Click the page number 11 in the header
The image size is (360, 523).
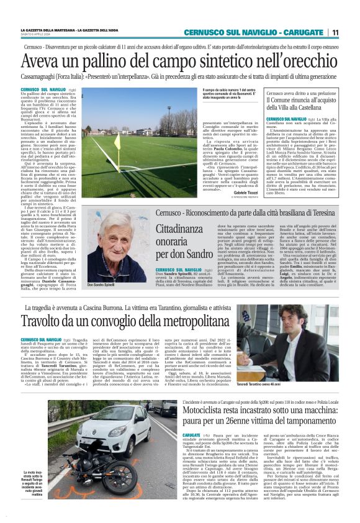click(335, 33)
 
